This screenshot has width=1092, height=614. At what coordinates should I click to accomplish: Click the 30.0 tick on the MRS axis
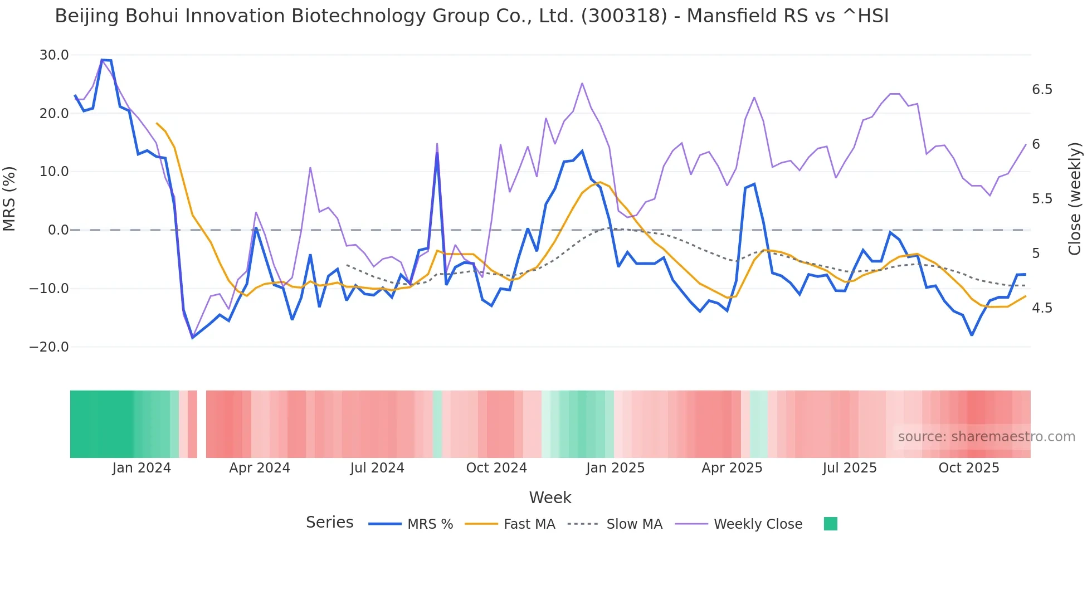click(54, 55)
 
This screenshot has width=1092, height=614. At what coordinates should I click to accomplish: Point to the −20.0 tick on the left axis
click(49, 347)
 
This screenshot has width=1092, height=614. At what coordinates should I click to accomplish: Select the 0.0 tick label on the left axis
click(58, 230)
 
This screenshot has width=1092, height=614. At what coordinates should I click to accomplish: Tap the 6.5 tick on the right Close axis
click(1042, 90)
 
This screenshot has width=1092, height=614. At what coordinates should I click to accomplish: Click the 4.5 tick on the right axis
click(1042, 308)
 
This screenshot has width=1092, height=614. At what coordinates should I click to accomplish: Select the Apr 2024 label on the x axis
click(260, 468)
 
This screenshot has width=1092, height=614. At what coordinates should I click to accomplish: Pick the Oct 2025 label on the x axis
click(969, 468)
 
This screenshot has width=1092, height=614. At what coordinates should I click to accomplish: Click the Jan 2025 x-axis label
click(615, 468)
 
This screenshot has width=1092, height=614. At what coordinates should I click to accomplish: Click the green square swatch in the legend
click(830, 524)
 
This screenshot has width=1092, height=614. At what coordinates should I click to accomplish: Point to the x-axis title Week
click(550, 498)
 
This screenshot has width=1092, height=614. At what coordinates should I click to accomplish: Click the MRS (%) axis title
click(9, 199)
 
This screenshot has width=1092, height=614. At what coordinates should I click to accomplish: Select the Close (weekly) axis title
click(1075, 199)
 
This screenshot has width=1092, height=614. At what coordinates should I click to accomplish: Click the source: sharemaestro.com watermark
click(986, 437)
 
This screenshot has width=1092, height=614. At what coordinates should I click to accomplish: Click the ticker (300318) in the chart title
click(624, 16)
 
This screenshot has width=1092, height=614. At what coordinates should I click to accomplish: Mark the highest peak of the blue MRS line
click(103, 60)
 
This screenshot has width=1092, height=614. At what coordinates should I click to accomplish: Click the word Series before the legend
click(329, 523)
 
